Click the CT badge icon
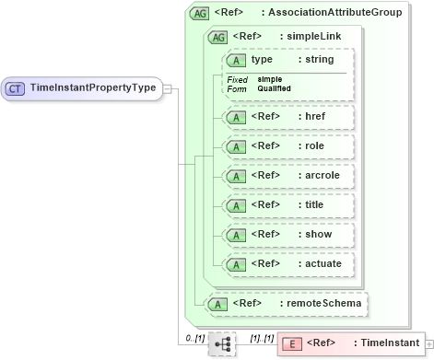[16, 88]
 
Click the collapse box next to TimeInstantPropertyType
[167, 88]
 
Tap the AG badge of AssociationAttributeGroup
[198, 14]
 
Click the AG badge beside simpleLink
[218, 37]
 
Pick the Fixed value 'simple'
[270, 79]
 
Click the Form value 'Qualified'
[275, 88]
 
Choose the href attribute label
[315, 117]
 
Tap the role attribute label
[312, 146]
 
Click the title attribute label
[312, 205]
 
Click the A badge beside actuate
[237, 264]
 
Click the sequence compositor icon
[221, 343]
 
